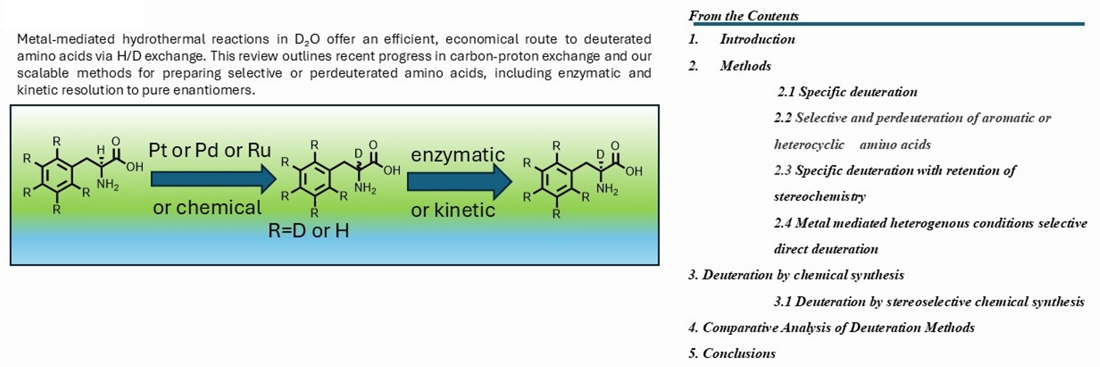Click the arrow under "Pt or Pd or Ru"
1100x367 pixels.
(213, 179)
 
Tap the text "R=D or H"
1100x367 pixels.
(308, 231)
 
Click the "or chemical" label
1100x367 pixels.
(207, 208)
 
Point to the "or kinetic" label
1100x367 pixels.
(453, 210)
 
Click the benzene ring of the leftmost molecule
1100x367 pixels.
(57, 175)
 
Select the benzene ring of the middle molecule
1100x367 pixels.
(314, 179)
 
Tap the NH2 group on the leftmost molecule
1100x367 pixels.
(108, 184)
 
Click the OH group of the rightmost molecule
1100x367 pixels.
(634, 171)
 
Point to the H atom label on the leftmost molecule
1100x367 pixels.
(101, 150)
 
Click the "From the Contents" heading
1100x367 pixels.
(743, 16)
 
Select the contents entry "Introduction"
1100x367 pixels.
(757, 39)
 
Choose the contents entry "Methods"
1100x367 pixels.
(745, 66)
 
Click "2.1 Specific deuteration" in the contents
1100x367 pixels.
(847, 92)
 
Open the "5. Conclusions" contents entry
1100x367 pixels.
(732, 353)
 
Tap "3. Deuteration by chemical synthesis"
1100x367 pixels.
(796, 275)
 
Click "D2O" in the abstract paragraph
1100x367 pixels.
(307, 40)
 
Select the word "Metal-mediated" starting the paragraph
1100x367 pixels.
(65, 39)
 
